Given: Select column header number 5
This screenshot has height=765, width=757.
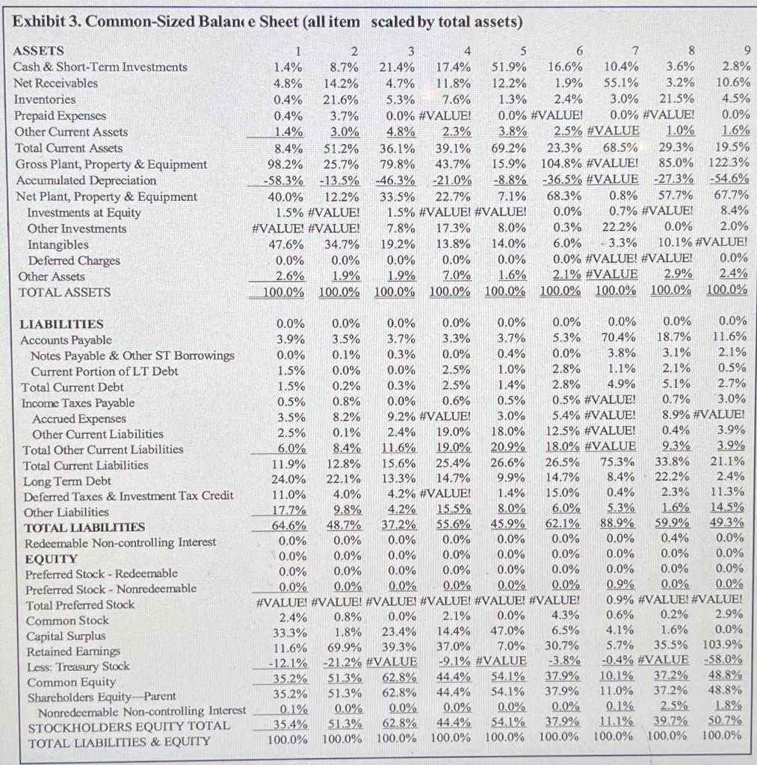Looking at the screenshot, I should [x=522, y=52].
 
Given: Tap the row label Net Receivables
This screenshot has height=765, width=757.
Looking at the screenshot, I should [x=55, y=83].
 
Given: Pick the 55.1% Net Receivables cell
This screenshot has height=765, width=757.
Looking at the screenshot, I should [x=620, y=83].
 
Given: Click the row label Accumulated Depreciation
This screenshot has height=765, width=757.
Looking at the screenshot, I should [x=85, y=180].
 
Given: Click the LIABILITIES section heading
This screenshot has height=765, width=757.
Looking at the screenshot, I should [x=61, y=324].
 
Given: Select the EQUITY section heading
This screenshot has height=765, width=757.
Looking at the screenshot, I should [x=51, y=558].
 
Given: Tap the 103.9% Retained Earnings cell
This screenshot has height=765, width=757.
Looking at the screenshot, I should [x=723, y=643].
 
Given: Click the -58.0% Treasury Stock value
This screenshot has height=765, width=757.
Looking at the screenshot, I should [x=724, y=659].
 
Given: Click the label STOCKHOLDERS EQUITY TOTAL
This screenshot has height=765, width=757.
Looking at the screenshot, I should [x=128, y=727].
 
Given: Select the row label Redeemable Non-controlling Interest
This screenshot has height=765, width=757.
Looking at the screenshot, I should [x=120, y=542].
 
